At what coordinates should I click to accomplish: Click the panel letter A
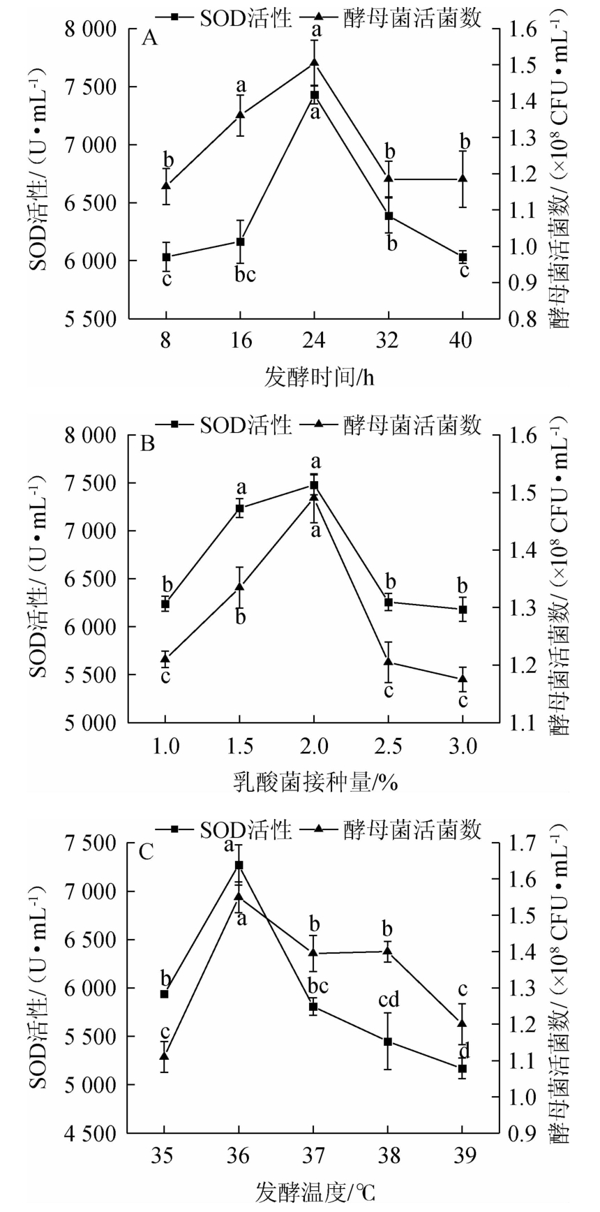point(149,38)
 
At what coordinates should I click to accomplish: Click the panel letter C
point(147,852)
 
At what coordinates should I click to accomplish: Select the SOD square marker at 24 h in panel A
point(315,95)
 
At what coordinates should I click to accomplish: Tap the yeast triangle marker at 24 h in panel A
point(315,62)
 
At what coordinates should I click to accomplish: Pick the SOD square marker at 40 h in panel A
point(463,258)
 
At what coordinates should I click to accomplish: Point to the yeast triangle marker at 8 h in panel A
point(166,185)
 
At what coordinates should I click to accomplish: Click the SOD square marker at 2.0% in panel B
point(314,485)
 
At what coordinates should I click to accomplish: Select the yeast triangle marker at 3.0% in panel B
point(463,677)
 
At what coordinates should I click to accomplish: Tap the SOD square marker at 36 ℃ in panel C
point(239,865)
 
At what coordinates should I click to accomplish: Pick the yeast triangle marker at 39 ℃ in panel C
point(462,1023)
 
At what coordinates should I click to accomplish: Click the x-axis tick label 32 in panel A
point(388,341)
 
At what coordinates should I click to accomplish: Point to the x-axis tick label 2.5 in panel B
point(388,746)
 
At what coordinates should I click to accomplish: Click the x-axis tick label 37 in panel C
point(313,1156)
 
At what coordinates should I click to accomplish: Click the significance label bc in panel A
point(241,275)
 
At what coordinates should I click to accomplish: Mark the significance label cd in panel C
point(388,1000)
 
